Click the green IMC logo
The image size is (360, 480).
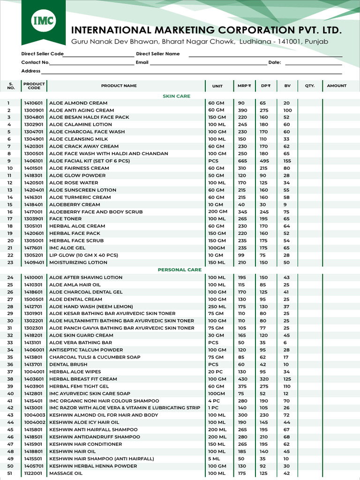[x=43, y=21]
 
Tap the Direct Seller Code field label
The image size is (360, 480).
[x=42, y=54]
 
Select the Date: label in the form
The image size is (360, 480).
[x=274, y=62]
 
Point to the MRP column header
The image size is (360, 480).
[x=244, y=86]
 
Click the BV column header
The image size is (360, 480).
[x=287, y=86]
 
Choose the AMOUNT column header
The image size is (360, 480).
[x=337, y=86]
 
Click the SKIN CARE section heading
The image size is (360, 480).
[x=176, y=96]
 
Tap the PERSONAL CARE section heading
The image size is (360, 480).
[x=180, y=270]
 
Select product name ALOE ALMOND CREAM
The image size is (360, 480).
[x=78, y=103]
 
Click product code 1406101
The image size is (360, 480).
[x=33, y=161]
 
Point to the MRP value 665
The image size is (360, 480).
[x=242, y=161]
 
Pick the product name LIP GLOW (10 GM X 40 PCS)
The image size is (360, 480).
[x=83, y=255]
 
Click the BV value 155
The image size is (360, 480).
[x=287, y=161]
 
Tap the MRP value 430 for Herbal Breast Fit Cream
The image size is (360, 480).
[x=242, y=379]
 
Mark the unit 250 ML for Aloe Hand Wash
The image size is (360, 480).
[x=217, y=307]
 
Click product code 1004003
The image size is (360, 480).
[x=34, y=415]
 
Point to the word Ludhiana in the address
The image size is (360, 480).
[x=255, y=42]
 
